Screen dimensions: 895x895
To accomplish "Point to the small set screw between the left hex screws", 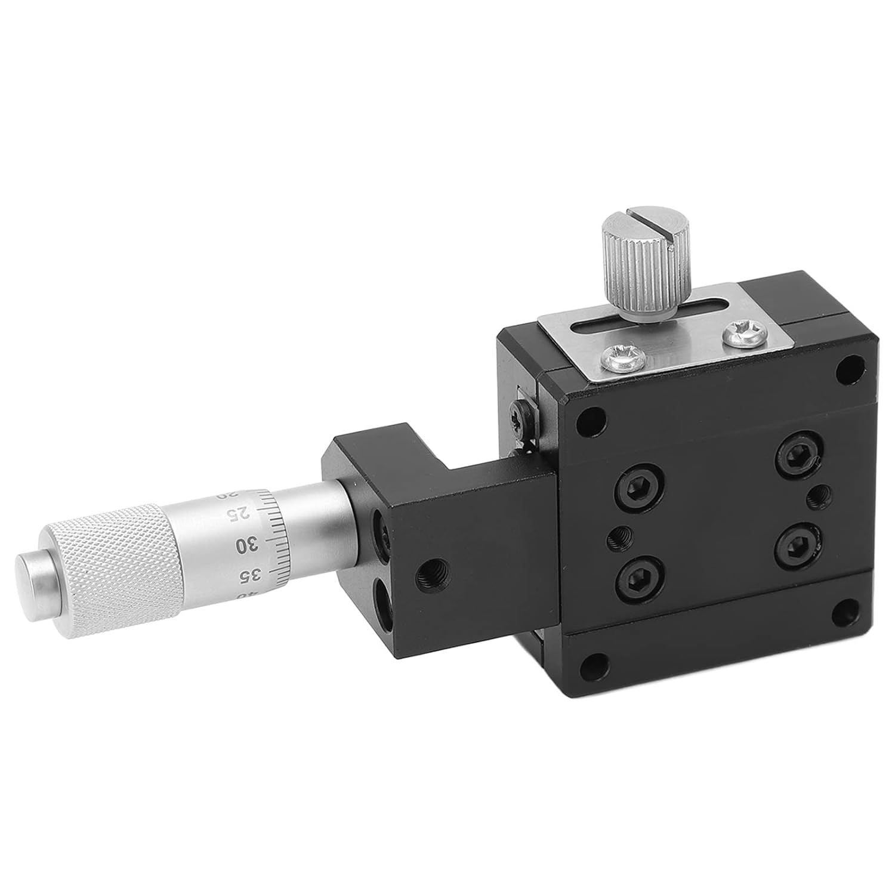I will coord(618,539).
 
